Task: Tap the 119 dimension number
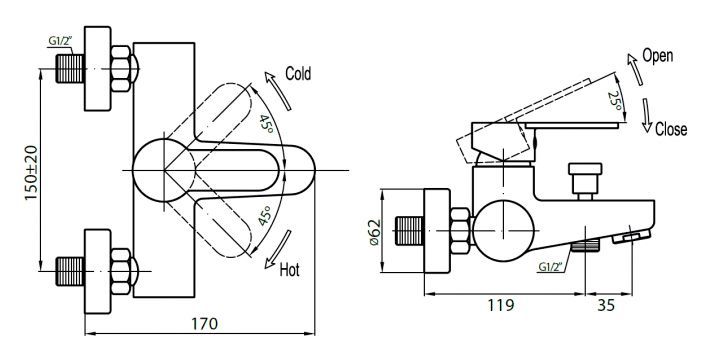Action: pos(504,305)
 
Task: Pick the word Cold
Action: pos(299,73)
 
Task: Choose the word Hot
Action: pos(290,270)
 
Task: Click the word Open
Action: pos(657,55)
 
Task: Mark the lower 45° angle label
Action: pos(265,217)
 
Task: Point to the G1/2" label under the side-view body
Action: pos(550,266)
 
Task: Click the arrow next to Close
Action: pos(647,118)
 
